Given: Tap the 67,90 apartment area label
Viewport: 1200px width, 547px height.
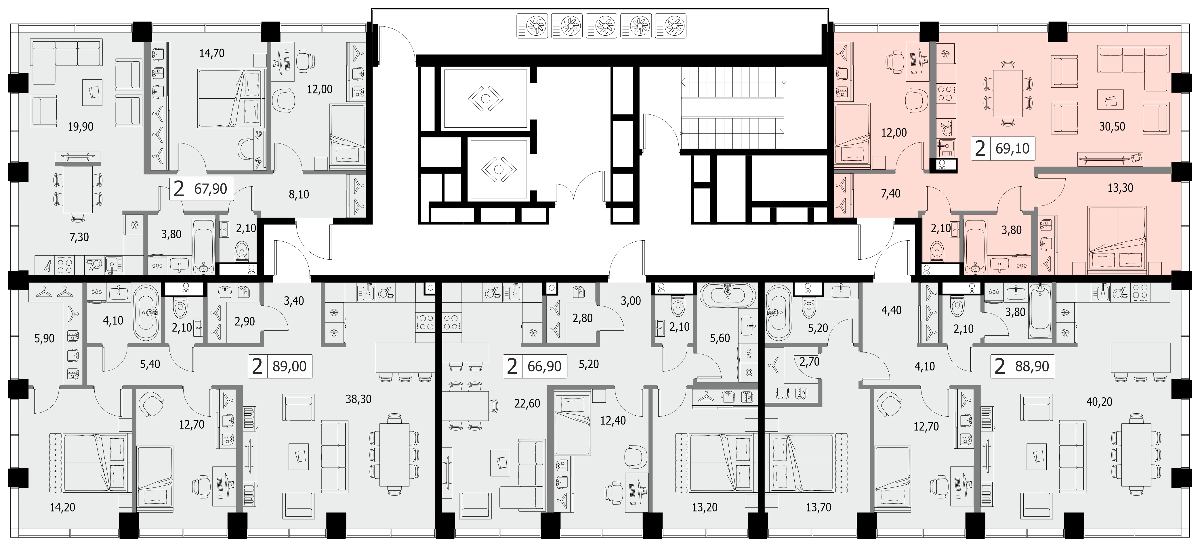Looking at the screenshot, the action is tap(211, 189).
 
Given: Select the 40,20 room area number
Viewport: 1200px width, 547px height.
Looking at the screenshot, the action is tap(1099, 401).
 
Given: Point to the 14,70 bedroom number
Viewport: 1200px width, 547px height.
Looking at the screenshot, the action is tap(212, 53).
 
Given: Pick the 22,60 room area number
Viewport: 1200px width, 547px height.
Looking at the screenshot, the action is tap(527, 403).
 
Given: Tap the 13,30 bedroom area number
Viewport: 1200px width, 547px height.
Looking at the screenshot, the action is tap(1120, 188).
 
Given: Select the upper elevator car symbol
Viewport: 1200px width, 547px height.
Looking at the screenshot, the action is tap(485, 99).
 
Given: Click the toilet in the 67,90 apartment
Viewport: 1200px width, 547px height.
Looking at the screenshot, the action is tap(242, 250).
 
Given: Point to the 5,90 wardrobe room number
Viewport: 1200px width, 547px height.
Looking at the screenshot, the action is tap(45, 338).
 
